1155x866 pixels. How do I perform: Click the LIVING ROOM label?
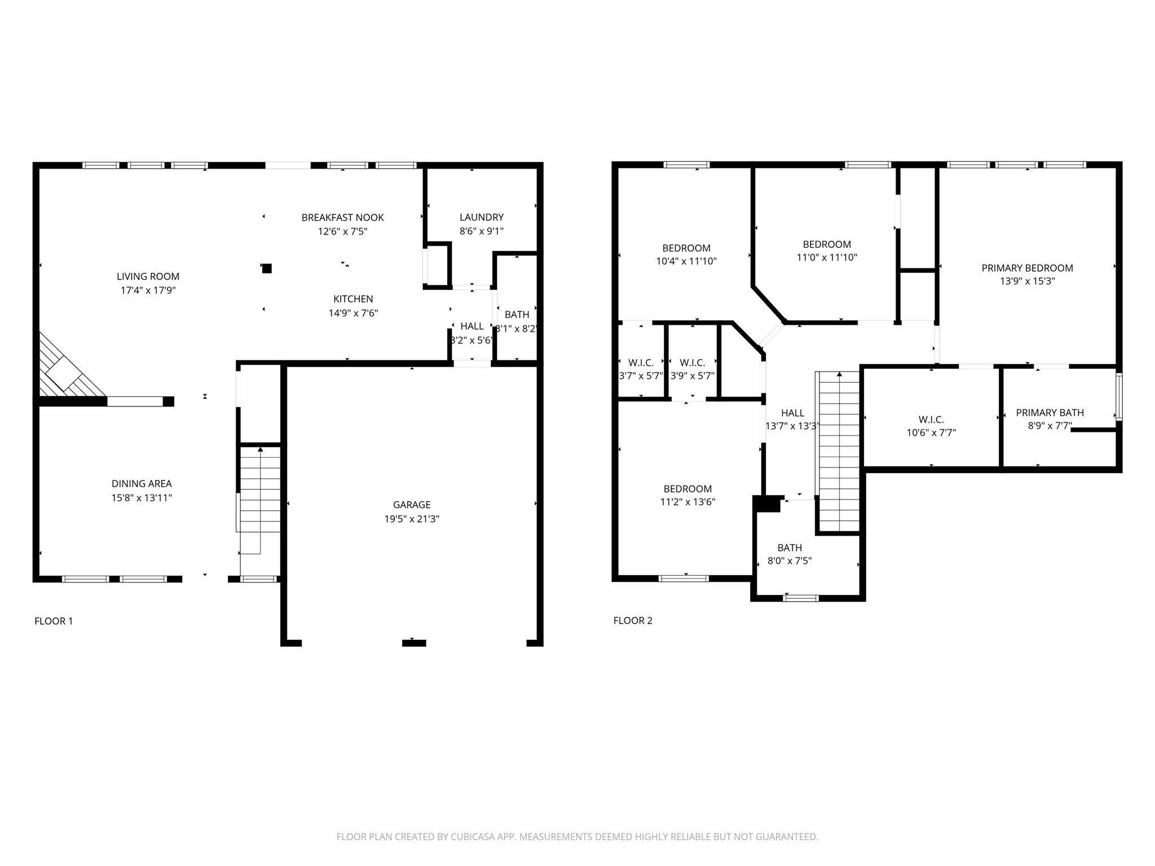(x=148, y=276)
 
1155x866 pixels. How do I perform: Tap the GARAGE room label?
(x=412, y=505)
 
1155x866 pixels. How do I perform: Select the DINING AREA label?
(x=142, y=484)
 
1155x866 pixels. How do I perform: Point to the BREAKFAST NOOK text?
(x=342, y=218)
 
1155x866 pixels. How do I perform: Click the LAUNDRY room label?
(x=482, y=217)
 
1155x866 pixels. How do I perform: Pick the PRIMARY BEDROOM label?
(x=1027, y=268)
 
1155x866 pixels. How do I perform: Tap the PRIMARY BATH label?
(x=1050, y=413)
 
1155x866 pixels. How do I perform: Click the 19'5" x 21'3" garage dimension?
(x=412, y=519)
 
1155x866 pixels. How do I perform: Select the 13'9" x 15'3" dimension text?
(x=1027, y=281)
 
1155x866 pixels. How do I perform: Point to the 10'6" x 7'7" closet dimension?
(x=931, y=433)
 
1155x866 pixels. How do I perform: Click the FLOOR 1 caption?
(x=54, y=621)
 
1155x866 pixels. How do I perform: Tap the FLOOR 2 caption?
(x=633, y=621)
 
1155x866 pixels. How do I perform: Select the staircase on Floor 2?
(x=838, y=452)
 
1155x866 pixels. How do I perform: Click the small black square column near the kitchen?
(x=267, y=268)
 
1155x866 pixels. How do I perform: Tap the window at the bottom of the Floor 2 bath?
(x=801, y=598)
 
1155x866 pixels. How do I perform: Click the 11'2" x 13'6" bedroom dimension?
(x=687, y=502)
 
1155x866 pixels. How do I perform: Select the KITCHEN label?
(x=353, y=299)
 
